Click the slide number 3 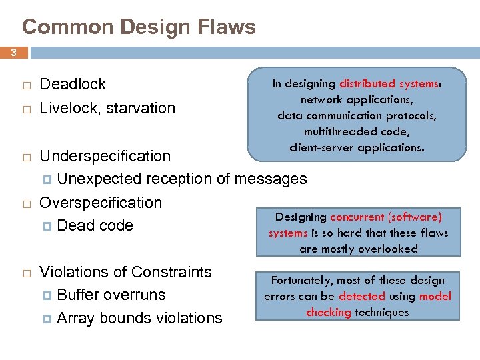tap(13, 52)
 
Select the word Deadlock tap(73, 84)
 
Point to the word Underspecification tap(105, 156)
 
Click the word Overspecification tap(101, 203)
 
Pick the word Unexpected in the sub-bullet tap(99, 179)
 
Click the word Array tap(75, 318)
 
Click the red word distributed tap(367, 84)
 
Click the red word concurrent tap(357, 217)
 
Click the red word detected tap(362, 296)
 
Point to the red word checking tap(329, 312)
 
